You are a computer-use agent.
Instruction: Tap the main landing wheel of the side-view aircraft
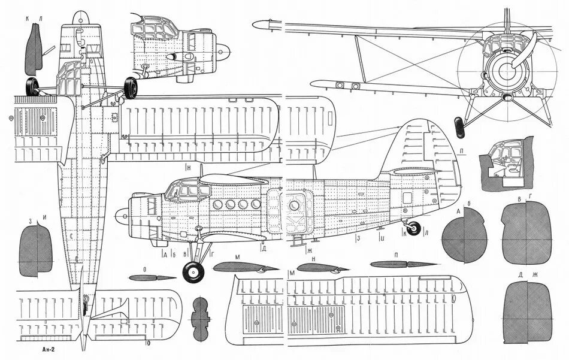pyautogui.click(x=193, y=273)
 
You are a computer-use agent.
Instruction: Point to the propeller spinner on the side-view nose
pyautogui.click(x=122, y=214)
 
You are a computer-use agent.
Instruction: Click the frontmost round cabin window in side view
pyautogui.click(x=217, y=205)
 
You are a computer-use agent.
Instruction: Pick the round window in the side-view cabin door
pyautogui.click(x=293, y=205)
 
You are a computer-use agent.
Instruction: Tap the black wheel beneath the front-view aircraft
pyautogui.click(x=460, y=126)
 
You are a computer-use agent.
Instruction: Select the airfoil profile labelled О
pyautogui.click(x=152, y=277)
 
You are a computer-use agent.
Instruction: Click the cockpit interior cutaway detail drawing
pyautogui.click(x=504, y=160)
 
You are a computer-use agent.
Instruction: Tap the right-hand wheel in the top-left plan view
pyautogui.click(x=131, y=88)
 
